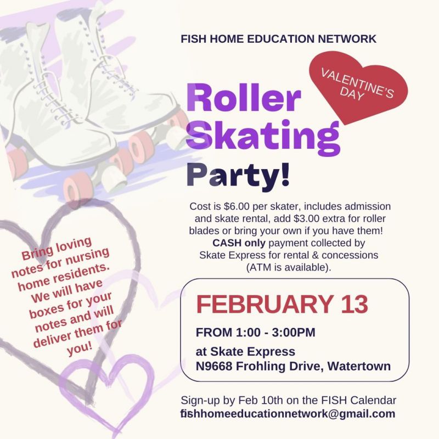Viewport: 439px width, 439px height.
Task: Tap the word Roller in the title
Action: click(x=243, y=98)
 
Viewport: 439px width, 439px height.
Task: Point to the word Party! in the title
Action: click(x=238, y=175)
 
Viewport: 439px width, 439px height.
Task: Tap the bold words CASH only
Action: click(x=239, y=243)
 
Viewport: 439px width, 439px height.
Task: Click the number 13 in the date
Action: click(x=354, y=305)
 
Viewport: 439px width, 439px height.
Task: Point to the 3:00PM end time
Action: click(x=294, y=333)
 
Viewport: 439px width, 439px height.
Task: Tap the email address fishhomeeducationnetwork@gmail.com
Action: click(x=288, y=414)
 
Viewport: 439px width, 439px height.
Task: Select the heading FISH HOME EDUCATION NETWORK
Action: click(x=279, y=38)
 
